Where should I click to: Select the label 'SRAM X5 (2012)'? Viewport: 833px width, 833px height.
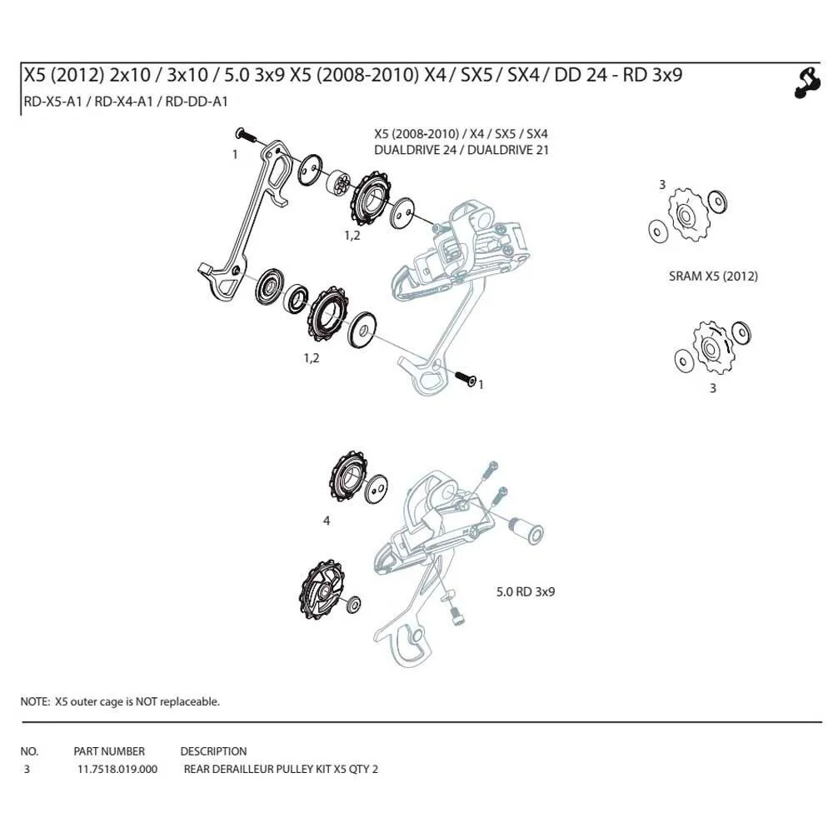coord(713,277)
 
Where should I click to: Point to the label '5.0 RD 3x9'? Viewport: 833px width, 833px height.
coord(526,591)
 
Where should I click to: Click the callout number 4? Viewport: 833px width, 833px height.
coord(327,521)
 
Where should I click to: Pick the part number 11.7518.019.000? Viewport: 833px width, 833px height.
coord(117,769)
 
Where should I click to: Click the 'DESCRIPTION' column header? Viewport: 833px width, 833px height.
coord(213,751)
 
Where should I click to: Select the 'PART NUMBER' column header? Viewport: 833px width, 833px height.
coord(109,751)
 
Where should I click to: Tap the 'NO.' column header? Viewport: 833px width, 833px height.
coord(29,751)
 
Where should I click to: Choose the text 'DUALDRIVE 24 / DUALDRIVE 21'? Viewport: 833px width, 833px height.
coord(461,150)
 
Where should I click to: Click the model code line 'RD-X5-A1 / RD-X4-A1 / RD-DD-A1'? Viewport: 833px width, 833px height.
coord(124,102)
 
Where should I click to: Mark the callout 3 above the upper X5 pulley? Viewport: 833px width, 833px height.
coord(662,184)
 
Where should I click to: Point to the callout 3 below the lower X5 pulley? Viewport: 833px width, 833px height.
coord(712,387)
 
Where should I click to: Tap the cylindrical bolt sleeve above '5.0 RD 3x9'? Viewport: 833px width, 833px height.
coord(526,529)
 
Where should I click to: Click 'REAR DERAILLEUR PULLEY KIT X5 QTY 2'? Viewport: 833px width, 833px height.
coord(281,769)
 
